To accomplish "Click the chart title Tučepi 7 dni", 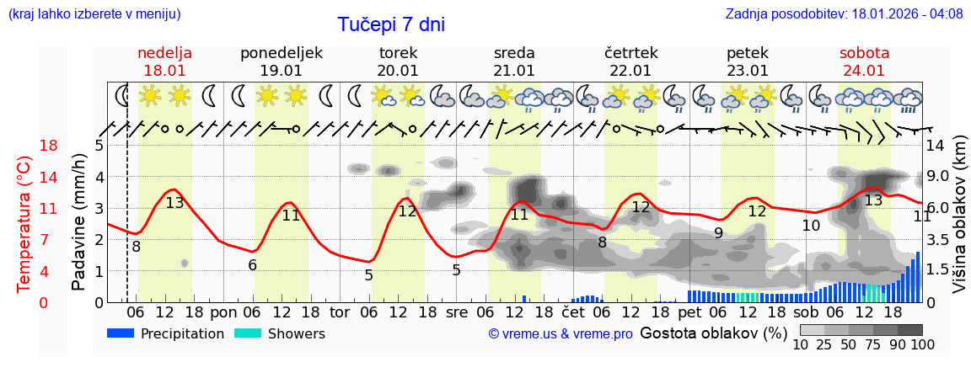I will (391, 24).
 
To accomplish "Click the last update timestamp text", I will (844, 13).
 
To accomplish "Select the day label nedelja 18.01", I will (164, 61).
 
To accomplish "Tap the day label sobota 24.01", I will (862, 61).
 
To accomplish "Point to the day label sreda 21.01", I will (514, 61).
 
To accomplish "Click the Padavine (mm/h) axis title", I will (78, 222).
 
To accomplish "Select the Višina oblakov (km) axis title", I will (959, 224).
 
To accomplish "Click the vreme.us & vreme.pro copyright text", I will (561, 334).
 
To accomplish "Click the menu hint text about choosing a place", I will (94, 13).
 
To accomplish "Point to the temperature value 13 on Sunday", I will (174, 203).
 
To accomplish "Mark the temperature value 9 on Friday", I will (718, 233).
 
